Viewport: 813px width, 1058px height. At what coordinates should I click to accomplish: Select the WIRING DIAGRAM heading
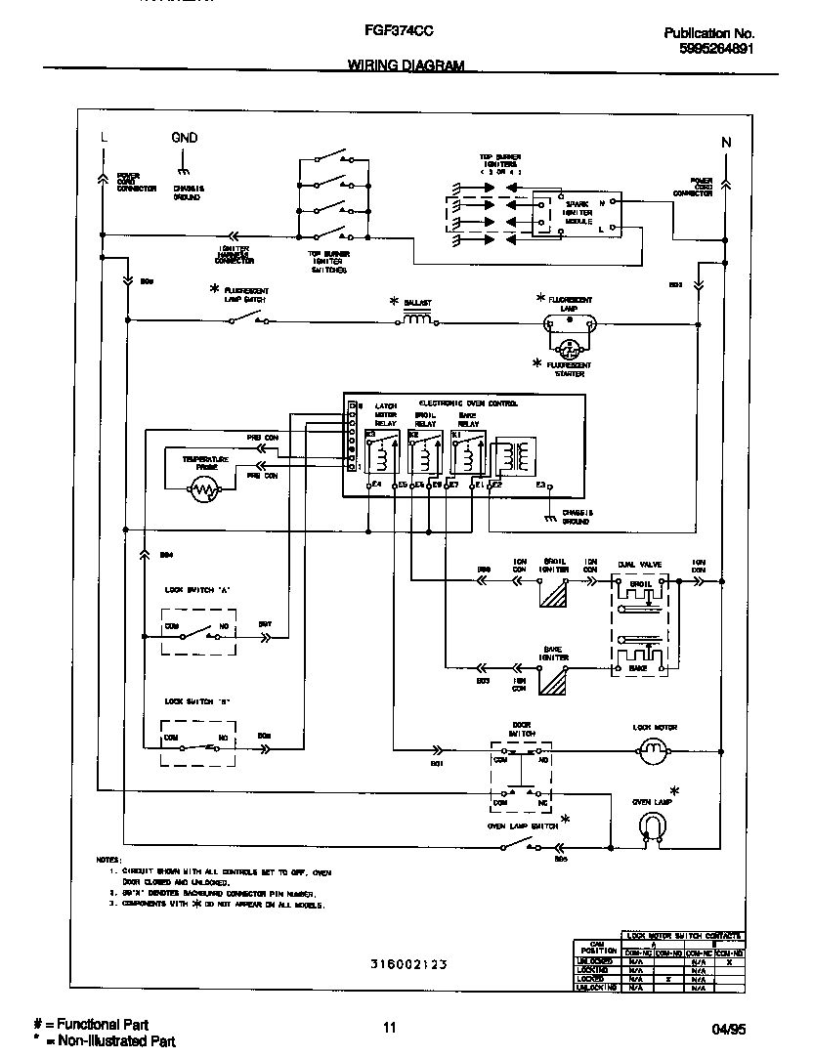(x=406, y=65)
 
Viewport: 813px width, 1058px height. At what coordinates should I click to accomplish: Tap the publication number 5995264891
(x=715, y=48)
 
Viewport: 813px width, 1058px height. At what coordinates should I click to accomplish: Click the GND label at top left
(x=184, y=138)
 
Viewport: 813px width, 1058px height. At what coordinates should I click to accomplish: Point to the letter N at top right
(x=725, y=143)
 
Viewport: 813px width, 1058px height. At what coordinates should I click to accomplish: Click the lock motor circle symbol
(x=650, y=750)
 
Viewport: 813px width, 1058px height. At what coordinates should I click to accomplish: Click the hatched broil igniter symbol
(x=554, y=595)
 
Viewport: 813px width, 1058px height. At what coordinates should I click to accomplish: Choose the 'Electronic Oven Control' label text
(x=468, y=402)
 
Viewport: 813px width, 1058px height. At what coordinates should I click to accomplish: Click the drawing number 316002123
(x=408, y=963)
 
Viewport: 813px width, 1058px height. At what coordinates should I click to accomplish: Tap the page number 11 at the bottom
(x=390, y=1027)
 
